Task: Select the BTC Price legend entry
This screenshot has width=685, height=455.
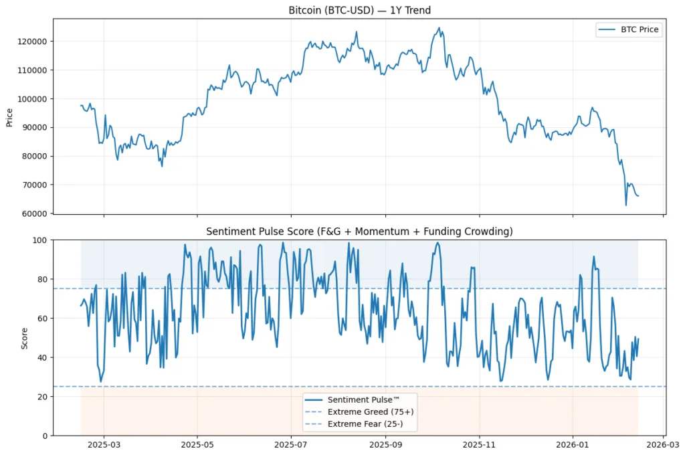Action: point(628,29)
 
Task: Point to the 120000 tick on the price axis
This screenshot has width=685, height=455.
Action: point(33,41)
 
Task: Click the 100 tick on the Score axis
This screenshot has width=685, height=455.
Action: point(39,240)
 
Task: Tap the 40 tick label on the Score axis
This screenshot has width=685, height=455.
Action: point(41,357)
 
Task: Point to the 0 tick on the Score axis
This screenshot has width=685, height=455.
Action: point(44,436)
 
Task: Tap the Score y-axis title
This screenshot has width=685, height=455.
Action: point(25,338)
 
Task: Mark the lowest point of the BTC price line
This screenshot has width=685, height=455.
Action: point(626,205)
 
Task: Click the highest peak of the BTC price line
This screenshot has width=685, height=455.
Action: point(439,28)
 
